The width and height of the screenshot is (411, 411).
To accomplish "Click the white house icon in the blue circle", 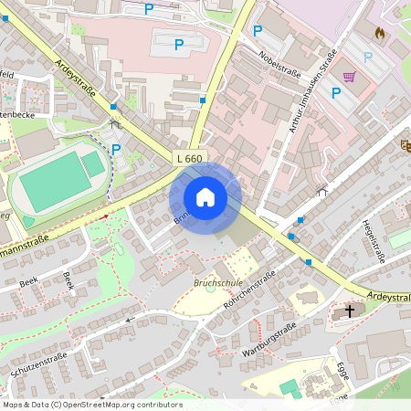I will pyautogui.click(x=205, y=197).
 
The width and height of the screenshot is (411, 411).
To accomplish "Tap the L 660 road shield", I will pyautogui.click(x=189, y=159).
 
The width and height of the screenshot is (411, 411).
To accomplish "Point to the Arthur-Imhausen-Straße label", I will pyautogui.click(x=313, y=90).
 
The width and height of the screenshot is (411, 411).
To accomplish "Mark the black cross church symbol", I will pyautogui.click(x=349, y=311).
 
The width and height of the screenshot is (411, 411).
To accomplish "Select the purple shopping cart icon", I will pyautogui.click(x=349, y=76).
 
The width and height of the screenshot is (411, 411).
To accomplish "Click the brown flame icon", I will pyautogui.click(x=380, y=33).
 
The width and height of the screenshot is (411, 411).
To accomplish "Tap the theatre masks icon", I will pyautogui.click(x=406, y=145).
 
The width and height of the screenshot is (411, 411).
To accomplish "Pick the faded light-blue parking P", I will pyautogui.click(x=368, y=57).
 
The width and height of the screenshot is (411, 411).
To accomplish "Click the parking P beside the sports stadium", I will pyautogui.click(x=116, y=148).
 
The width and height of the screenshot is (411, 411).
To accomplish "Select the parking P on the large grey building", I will pyautogui.click(x=179, y=43).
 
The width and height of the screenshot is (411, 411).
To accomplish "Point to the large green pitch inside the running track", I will pyautogui.click(x=54, y=180).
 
